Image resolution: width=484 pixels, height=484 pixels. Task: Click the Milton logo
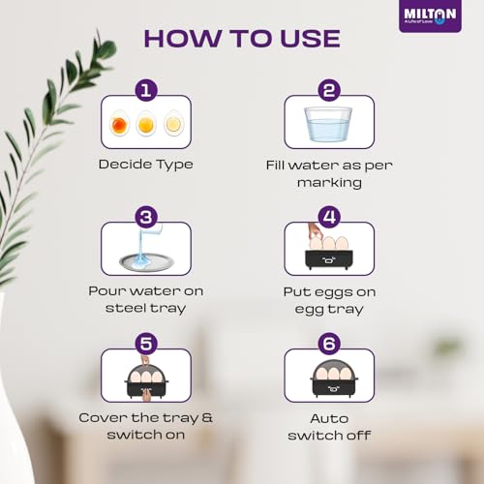(x=430, y=15)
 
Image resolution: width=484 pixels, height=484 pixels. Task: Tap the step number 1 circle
(x=146, y=90)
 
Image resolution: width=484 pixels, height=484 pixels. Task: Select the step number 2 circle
(x=329, y=90)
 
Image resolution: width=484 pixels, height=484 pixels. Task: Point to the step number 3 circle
(x=146, y=217)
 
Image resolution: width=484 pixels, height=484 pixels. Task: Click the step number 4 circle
(x=329, y=217)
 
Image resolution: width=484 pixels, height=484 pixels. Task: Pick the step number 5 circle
(x=146, y=344)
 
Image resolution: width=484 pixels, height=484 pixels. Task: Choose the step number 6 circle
(x=329, y=344)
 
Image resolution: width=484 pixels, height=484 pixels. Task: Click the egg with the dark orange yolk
(x=119, y=123)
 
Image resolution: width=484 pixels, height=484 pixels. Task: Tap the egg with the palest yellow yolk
(x=174, y=123)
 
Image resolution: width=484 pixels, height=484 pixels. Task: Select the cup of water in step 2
(x=328, y=124)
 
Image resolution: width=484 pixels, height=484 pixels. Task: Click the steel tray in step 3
(x=146, y=261)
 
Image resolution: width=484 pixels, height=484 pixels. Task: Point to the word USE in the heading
(x=310, y=39)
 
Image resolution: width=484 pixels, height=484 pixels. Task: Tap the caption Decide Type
(x=146, y=165)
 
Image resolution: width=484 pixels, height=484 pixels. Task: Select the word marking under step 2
(x=329, y=183)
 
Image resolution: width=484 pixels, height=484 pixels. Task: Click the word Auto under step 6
(x=329, y=418)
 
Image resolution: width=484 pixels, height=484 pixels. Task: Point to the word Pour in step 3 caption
(x=107, y=291)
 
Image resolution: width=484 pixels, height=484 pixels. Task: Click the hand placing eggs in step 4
(x=314, y=231)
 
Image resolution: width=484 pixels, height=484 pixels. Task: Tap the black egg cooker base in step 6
(x=334, y=388)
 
